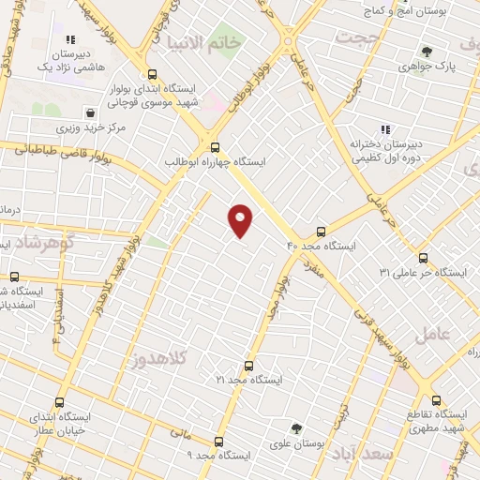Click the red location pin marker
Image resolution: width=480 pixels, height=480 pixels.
[241, 220]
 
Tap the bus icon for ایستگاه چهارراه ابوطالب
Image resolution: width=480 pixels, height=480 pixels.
[216, 147]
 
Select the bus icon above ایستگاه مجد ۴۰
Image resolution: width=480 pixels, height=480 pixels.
[322, 231]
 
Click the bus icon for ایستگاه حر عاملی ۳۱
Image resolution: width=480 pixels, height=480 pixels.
[423, 258]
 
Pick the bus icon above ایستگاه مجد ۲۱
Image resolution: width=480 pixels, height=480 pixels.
[248, 366]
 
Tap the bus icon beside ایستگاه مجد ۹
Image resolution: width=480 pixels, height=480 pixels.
[218, 441]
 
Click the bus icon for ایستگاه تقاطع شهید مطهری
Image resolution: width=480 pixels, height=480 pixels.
[435, 399]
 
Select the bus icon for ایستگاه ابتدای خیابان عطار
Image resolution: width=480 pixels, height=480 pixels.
[60, 402]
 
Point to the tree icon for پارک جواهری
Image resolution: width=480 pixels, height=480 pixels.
[427, 52]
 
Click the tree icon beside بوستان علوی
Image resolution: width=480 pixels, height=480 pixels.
[296, 429]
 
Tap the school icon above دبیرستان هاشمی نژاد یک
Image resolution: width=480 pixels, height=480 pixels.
[70, 39]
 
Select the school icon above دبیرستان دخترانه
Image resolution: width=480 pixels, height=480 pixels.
[384, 130]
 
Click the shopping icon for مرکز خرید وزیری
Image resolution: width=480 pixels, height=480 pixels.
[89, 112]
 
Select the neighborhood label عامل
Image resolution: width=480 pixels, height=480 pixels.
[437, 334]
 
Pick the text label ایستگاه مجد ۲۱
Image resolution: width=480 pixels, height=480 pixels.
[248, 381]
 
